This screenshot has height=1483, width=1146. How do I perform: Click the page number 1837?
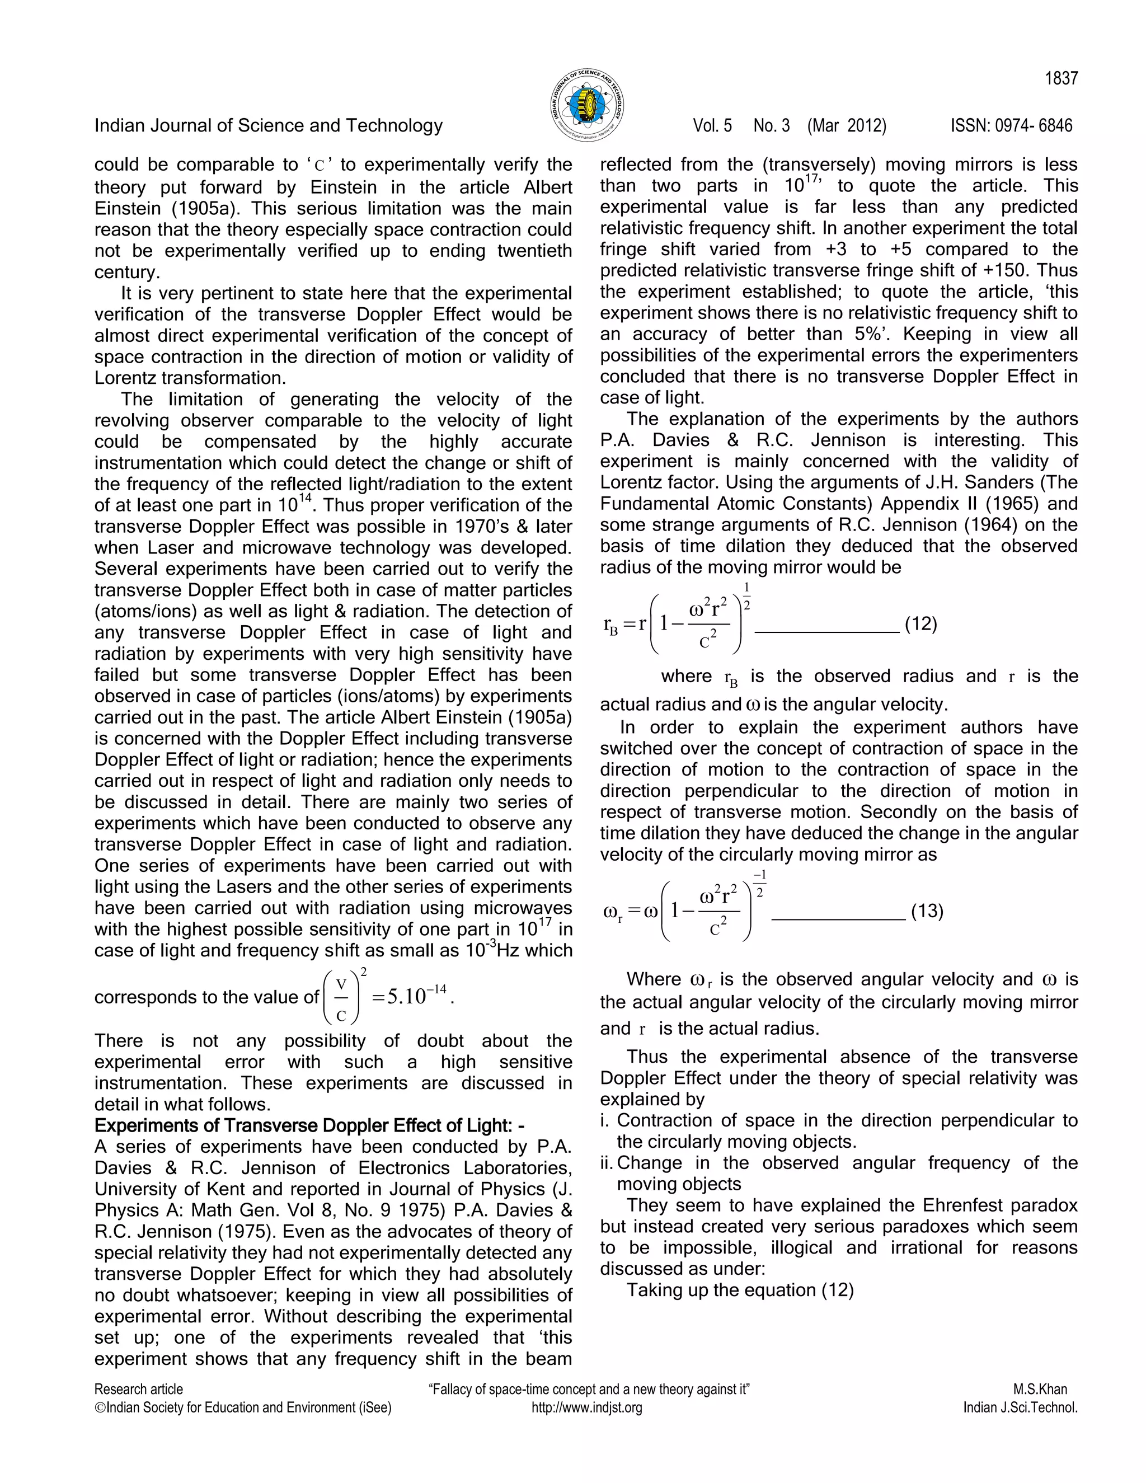pyautogui.click(x=1061, y=79)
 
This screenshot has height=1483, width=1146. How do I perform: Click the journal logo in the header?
pyautogui.click(x=586, y=105)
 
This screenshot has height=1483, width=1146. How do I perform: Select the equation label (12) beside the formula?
pyautogui.click(x=920, y=624)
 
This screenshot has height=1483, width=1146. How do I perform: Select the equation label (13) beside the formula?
pyautogui.click(x=927, y=911)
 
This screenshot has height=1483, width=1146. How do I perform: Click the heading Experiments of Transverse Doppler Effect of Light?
pyautogui.click(x=309, y=1126)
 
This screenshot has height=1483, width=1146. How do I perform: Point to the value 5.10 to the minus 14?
pyautogui.click(x=416, y=997)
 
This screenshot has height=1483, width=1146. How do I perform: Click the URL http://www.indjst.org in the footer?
pyautogui.click(x=586, y=1407)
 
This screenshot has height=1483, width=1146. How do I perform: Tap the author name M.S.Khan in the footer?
pyautogui.click(x=1040, y=1390)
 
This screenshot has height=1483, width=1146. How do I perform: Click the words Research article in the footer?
pyautogui.click(x=139, y=1390)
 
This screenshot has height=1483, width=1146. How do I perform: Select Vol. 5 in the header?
pyautogui.click(x=712, y=125)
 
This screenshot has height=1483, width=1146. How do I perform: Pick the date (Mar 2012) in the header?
pyautogui.click(x=847, y=125)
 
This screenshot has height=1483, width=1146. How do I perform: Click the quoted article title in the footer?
pyautogui.click(x=589, y=1390)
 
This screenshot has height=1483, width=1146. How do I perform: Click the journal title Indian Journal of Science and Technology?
pyautogui.click(x=268, y=125)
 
